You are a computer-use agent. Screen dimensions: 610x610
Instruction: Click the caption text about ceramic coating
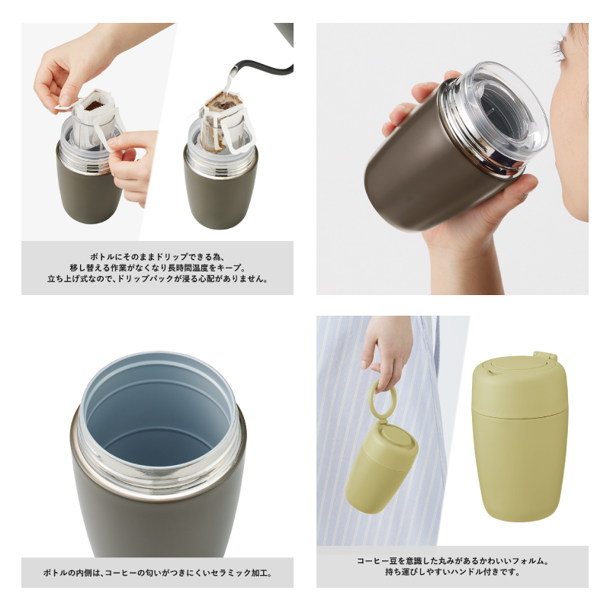click(157, 572)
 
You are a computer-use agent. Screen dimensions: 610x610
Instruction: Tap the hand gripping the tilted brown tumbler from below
click(465, 229)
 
